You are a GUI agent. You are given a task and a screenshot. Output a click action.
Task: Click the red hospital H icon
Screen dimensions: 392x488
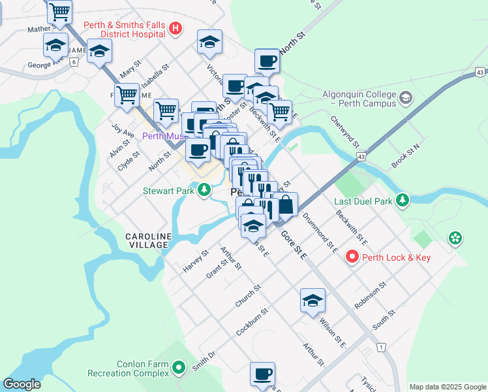(x=175, y=28)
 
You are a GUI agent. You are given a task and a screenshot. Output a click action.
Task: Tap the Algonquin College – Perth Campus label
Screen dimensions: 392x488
(x=359, y=99)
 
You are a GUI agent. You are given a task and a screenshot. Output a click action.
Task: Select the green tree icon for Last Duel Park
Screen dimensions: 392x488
(x=404, y=200)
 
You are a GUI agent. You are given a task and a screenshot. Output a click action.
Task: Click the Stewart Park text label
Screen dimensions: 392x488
(x=169, y=191)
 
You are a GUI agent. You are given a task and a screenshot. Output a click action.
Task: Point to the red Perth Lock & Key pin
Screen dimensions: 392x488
(x=352, y=257)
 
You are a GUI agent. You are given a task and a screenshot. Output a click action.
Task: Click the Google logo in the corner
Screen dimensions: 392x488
(x=22, y=384)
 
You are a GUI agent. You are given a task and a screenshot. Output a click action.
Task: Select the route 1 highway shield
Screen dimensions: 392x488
(x=381, y=347)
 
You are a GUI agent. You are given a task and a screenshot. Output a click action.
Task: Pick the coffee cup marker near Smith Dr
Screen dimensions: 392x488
(x=262, y=375)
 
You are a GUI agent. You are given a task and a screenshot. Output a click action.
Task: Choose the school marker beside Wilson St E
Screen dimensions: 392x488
(x=313, y=301)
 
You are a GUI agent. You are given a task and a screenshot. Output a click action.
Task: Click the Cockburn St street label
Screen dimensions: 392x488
(x=252, y=322)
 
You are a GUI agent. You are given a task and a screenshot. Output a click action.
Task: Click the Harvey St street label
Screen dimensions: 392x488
(x=195, y=261)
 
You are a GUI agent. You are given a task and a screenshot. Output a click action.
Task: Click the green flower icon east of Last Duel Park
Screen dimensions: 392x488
(x=454, y=239)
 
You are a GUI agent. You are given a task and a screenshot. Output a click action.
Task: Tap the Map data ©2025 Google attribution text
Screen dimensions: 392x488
(x=447, y=386)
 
